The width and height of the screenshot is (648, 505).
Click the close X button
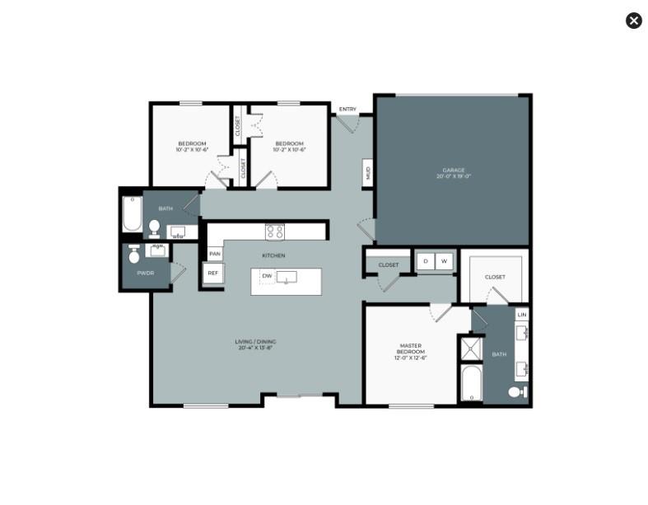coord(633,21)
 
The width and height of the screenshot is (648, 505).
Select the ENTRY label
coord(347,110)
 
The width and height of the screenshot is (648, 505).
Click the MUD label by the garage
coord(367,173)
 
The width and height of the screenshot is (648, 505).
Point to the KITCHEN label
coord(273,255)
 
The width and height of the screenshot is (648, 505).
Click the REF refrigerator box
coord(212,273)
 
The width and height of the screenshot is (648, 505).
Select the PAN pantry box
coord(214,254)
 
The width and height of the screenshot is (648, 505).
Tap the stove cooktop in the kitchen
coord(274,231)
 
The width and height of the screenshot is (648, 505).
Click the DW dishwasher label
coord(267,275)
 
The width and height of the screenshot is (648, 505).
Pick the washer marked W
coord(445,262)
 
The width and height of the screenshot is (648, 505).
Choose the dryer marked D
coord(426,262)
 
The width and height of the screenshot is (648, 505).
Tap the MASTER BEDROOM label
coord(411,352)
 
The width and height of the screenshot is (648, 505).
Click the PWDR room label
coord(146,272)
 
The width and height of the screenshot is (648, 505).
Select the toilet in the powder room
coord(134,255)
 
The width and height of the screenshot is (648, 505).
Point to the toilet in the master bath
coord(516,392)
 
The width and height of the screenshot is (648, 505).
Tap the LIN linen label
coord(521,315)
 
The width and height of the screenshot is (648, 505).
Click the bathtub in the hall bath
coord(132,215)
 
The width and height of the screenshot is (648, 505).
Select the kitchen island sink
coord(287,278)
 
